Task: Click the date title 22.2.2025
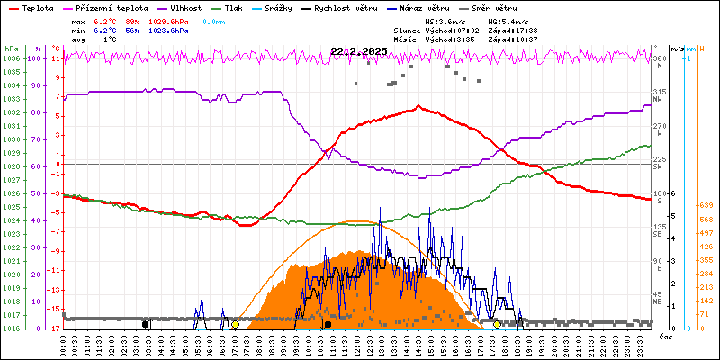358,51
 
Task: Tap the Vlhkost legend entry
187,7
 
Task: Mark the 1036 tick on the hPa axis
11,58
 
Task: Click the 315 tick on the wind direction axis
659,92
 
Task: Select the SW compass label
658,167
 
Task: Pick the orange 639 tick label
706,205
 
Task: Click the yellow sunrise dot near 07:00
235,324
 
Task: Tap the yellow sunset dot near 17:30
497,324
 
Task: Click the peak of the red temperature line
418,106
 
